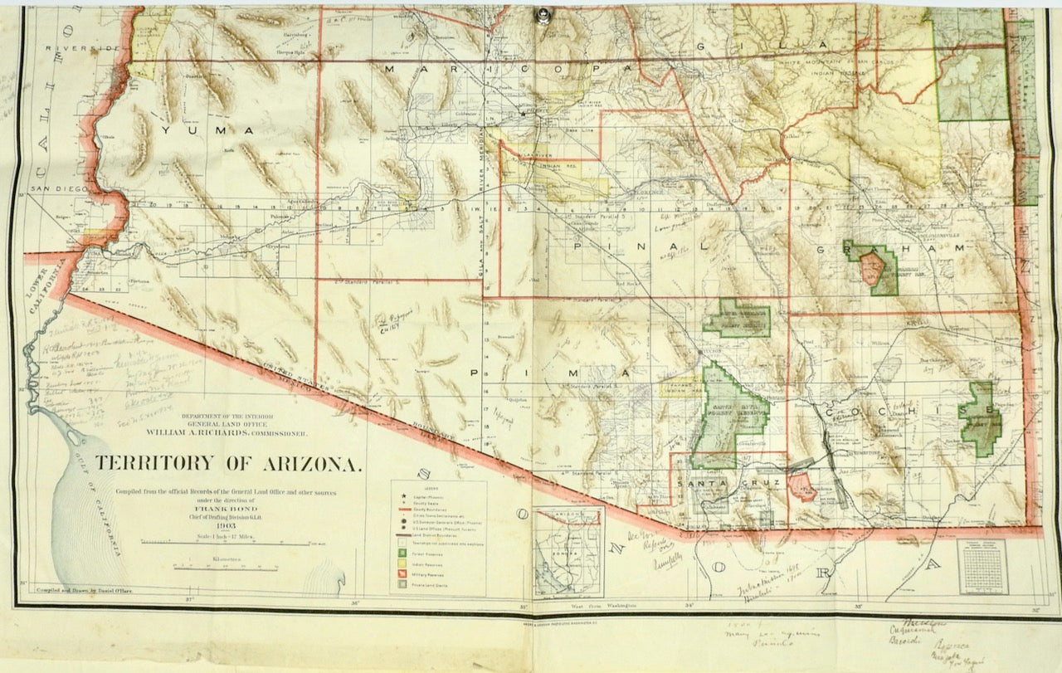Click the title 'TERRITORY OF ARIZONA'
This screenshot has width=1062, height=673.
[x=228, y=464]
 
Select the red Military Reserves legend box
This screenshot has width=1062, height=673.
[x=403, y=573]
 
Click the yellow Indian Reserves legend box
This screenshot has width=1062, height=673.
[x=403, y=563]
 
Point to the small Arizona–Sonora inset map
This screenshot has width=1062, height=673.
[x=568, y=551]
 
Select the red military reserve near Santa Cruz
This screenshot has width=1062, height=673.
[x=801, y=488]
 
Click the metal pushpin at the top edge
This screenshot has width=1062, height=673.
[x=544, y=14]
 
